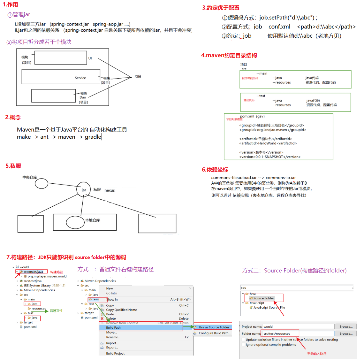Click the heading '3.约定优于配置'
coord(221,8)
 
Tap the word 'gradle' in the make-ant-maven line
coord(93,137)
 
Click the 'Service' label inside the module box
coord(80,78)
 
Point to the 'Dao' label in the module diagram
coord(83,97)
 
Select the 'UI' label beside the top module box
coord(90,58)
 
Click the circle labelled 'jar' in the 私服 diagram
coord(84,190)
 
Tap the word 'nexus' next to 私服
coord(110,190)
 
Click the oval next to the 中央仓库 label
coord(42,184)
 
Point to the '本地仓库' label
coord(93,220)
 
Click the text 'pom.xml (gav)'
coord(252,117)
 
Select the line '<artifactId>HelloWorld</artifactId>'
coord(268,143)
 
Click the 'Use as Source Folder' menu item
coord(214,327)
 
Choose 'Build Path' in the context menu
coord(113,327)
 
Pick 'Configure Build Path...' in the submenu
coord(215,333)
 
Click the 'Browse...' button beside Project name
coord(346,327)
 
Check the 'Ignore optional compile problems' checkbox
coord(244,345)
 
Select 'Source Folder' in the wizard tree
coord(263,298)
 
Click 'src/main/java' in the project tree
coord(33,272)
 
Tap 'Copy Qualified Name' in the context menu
coord(121,310)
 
